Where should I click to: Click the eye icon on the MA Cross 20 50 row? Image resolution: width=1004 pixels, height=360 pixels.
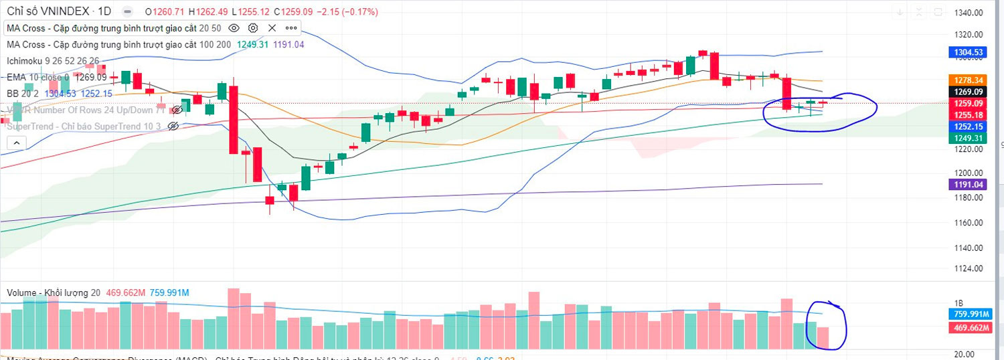coord(234,28)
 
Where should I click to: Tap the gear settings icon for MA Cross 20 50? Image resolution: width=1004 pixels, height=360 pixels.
coord(253,28)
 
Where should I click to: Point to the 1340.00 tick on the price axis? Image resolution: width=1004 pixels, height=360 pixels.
coord(969,13)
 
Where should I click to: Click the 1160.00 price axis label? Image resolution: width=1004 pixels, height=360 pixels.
coord(969,223)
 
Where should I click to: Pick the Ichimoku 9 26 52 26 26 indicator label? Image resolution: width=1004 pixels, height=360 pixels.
coord(53,61)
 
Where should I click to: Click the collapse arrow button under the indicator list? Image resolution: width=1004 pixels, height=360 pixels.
coord(15,143)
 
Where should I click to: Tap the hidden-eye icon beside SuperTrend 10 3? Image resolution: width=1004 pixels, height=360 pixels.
coord(173,126)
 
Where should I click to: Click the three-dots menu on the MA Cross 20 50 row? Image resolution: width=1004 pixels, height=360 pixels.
coord(291,28)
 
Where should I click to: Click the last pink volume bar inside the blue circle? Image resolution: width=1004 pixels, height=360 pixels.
coord(823,338)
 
